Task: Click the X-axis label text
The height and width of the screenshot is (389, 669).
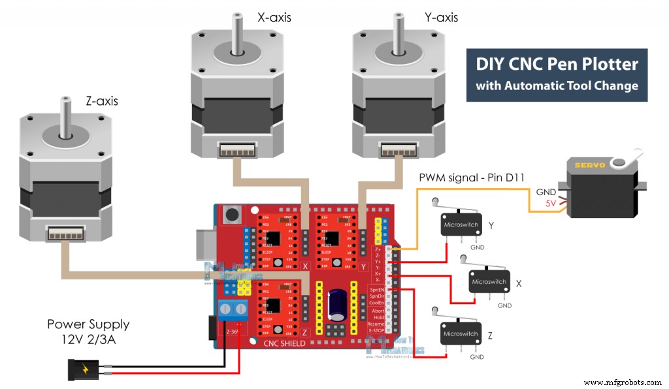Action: point(274,18)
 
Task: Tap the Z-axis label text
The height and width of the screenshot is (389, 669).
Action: point(101,101)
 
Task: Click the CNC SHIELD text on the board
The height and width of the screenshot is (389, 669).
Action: point(284,343)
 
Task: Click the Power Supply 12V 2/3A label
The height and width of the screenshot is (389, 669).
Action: point(88,331)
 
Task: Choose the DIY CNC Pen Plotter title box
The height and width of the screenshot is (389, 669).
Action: point(557,74)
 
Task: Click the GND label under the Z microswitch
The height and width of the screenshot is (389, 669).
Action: point(477,357)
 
